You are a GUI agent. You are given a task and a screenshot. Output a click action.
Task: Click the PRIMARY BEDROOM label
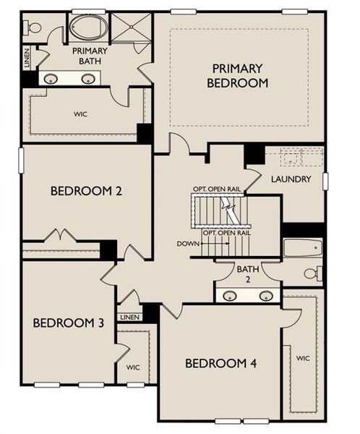coord(239,75)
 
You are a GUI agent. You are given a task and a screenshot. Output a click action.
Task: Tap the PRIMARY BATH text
coord(90,56)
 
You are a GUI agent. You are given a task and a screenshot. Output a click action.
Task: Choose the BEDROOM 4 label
coord(220,363)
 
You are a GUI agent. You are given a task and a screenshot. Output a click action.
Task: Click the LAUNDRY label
coord(291,179)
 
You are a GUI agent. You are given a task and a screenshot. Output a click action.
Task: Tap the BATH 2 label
coord(246,274)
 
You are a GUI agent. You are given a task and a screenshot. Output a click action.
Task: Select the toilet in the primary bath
coord(33,27)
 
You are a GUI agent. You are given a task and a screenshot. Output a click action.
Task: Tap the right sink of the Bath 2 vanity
coord(267,295)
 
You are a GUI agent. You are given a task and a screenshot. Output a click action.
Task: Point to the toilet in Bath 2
coord(313,274)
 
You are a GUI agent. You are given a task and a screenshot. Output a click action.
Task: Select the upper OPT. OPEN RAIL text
coord(216,189)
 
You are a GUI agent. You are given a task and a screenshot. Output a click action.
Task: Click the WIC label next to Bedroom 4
coord(303,357)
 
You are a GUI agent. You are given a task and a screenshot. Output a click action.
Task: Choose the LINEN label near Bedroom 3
coord(129,317)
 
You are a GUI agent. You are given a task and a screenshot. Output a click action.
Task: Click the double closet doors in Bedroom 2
coord(60,237)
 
